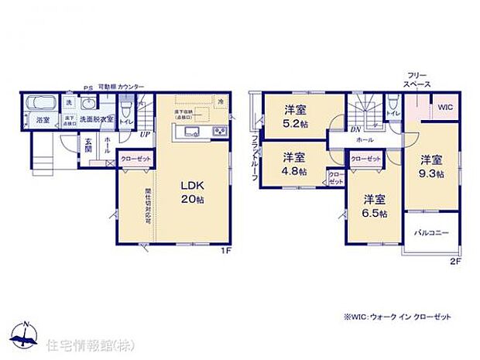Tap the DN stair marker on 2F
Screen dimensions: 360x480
point(354,130)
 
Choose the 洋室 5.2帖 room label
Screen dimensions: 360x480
point(293,115)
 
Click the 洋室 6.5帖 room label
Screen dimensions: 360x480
point(374,205)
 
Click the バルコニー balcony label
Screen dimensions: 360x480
point(430,231)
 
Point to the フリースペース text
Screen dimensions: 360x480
point(416,79)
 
